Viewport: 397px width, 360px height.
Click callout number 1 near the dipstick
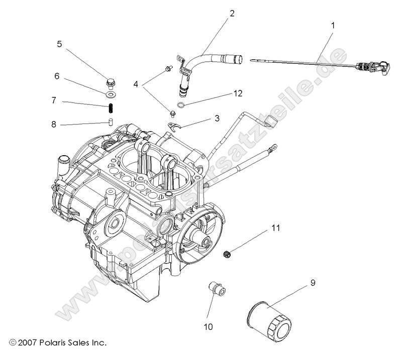tap(332, 24)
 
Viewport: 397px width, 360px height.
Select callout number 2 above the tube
tap(232, 14)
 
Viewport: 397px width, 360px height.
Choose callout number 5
tap(59, 44)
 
